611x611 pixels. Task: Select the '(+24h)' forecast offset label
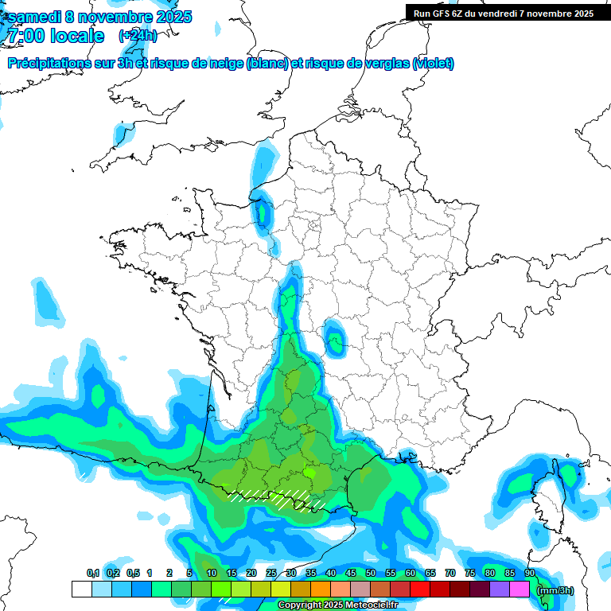pyautogui.click(x=138, y=36)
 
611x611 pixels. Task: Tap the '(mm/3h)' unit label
pyautogui.click(x=555, y=590)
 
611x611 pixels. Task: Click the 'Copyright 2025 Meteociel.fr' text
pyautogui.click(x=337, y=605)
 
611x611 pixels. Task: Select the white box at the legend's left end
pyautogui.click(x=81, y=590)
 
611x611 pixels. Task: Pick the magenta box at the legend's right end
pyautogui.click(x=520, y=590)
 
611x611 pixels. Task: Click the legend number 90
pyautogui.click(x=530, y=574)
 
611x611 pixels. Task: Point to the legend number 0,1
pyautogui.click(x=92, y=574)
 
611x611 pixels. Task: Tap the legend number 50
pyautogui.click(x=371, y=574)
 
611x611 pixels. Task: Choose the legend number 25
pyautogui.click(x=271, y=574)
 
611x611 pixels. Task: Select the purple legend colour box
pyautogui.click(x=500, y=590)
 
